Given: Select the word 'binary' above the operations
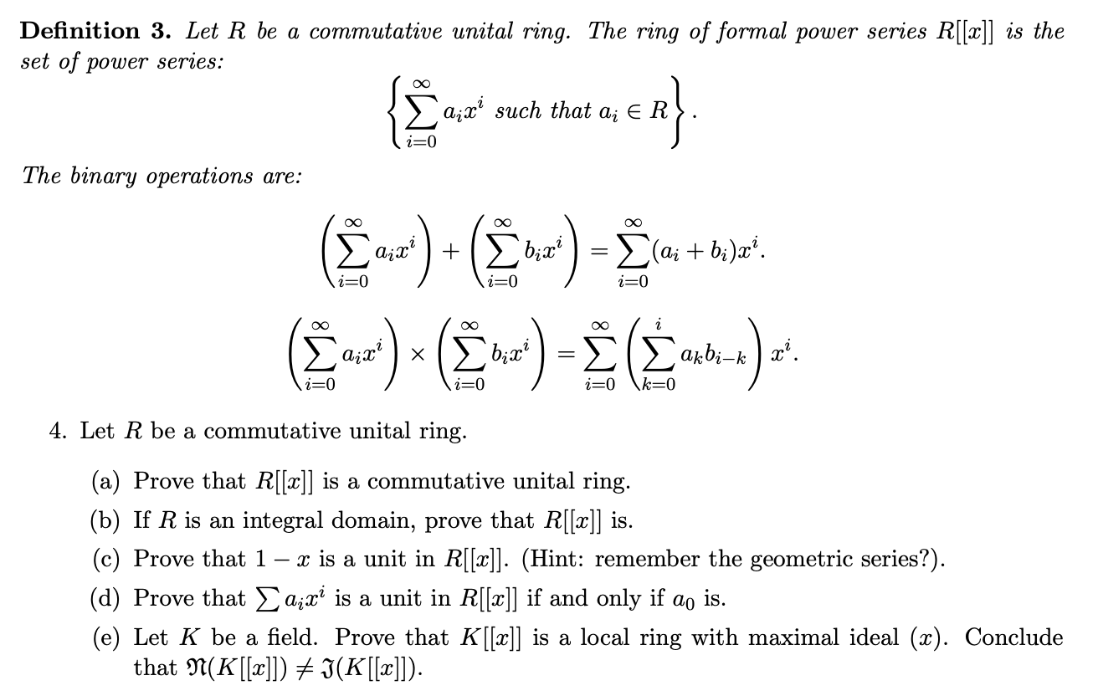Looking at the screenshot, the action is coord(121,176).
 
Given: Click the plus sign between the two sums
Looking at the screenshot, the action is coord(454,253).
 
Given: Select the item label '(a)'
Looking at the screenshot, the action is coord(106,482).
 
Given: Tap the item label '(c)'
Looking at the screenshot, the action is coord(106,560).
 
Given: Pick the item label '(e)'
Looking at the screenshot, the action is coord(106,638).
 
